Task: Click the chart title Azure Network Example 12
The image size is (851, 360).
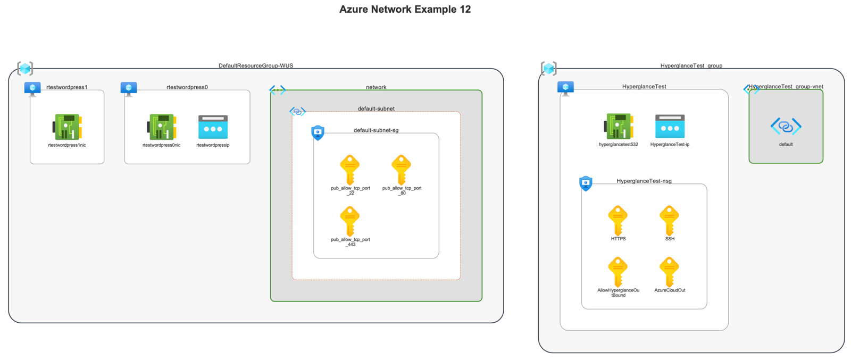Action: coord(405,9)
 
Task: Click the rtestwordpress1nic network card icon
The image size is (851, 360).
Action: coord(67,127)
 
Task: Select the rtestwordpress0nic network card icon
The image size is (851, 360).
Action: coord(162,127)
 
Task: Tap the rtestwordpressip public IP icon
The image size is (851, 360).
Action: coord(213,127)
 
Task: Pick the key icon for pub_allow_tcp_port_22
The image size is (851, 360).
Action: coord(349,170)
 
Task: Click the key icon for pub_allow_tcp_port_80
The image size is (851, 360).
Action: coord(401,170)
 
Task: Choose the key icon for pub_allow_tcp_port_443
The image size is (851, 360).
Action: coord(349,221)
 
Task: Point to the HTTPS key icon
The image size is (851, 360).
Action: coord(618,220)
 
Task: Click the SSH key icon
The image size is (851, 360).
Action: coord(669,220)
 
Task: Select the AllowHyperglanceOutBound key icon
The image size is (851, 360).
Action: coord(618,272)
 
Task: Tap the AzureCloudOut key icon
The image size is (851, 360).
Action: coord(669,272)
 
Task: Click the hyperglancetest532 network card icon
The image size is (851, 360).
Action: coord(618,127)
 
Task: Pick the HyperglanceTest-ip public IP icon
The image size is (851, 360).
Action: coord(670,127)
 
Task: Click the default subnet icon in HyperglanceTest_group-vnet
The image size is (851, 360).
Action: coord(786,127)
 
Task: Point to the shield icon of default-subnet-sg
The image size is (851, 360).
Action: coord(318,132)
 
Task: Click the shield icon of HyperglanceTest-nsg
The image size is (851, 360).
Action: coord(586,183)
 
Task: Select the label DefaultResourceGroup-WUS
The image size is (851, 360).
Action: coord(256,66)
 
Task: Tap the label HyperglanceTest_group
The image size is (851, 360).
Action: coord(691,66)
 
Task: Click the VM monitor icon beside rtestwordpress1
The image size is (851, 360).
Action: coord(32,88)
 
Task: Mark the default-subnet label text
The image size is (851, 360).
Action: coord(376,109)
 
